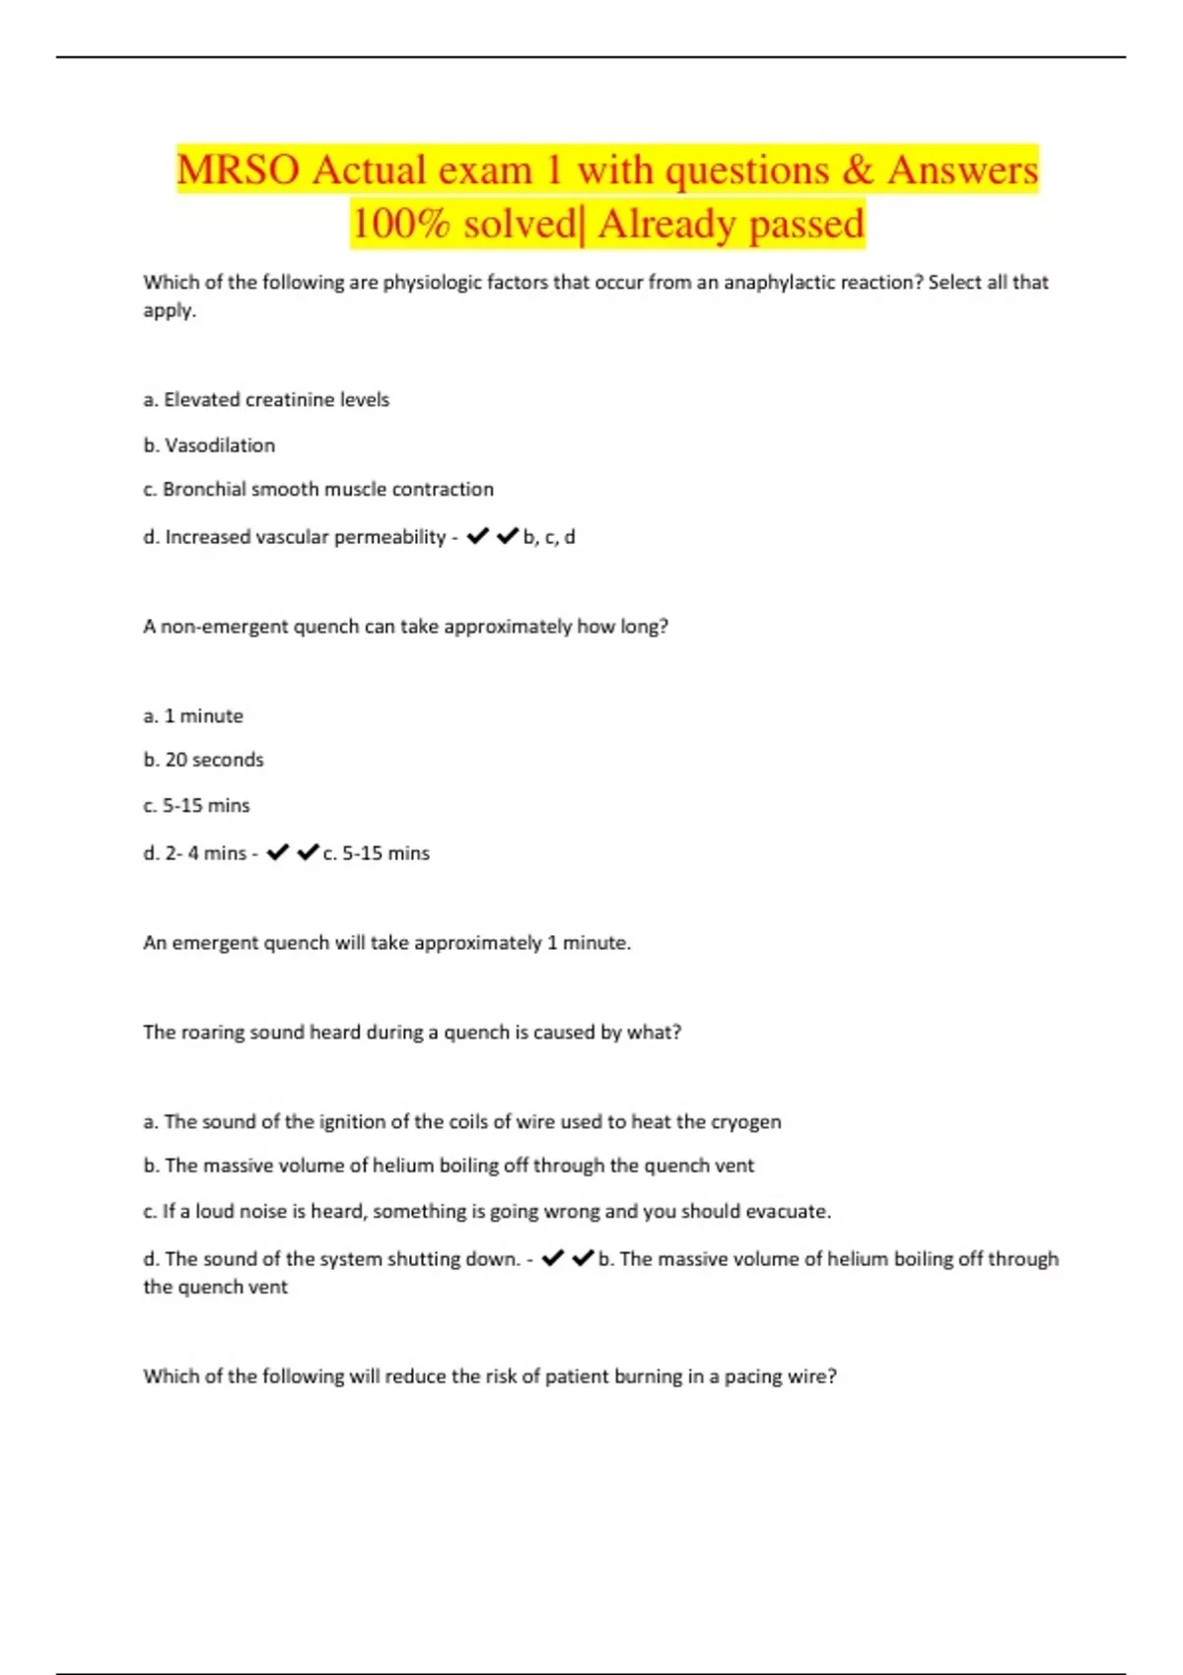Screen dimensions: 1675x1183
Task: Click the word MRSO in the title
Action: click(238, 170)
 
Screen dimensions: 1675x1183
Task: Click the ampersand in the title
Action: click(858, 170)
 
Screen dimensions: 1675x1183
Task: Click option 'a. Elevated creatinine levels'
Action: click(266, 400)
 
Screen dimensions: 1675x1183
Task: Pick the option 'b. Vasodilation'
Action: click(209, 445)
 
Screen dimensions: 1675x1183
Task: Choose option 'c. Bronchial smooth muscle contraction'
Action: click(318, 490)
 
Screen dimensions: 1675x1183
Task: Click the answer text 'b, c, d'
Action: click(549, 537)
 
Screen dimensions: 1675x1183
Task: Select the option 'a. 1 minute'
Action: click(193, 716)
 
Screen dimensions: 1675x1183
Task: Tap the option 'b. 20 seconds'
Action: click(203, 761)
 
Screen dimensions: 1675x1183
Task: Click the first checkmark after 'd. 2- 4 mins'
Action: click(278, 852)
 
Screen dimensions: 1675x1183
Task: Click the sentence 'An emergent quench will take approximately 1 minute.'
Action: click(386, 943)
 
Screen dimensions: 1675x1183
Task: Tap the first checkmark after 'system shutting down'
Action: click(553, 1258)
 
